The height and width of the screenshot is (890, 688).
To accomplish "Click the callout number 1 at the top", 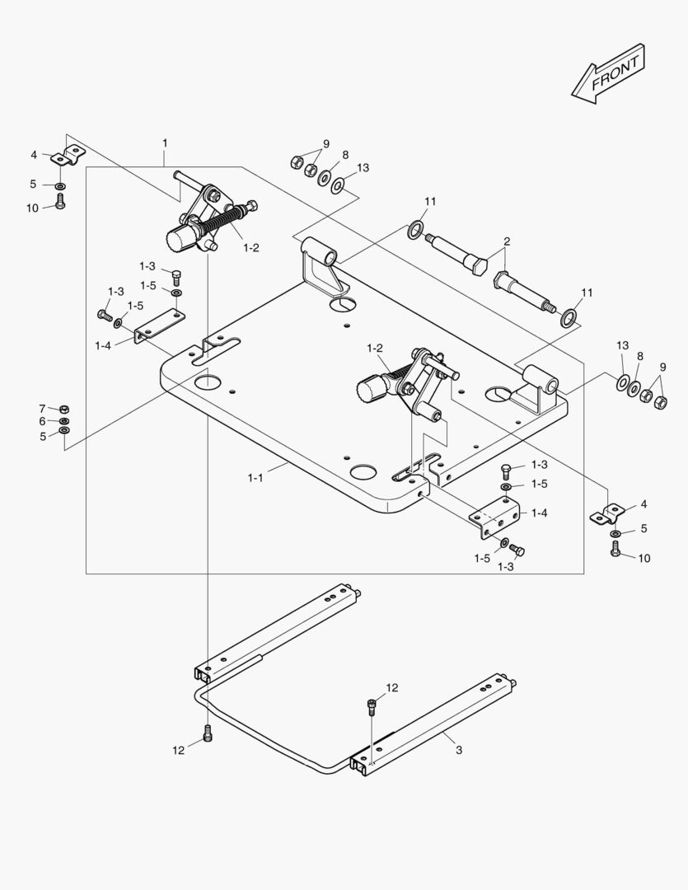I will tap(165, 143).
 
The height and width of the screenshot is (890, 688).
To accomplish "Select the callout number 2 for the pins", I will tap(507, 241).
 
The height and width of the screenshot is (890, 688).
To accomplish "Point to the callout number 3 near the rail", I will tap(458, 750).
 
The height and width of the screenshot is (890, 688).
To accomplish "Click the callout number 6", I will tap(42, 421).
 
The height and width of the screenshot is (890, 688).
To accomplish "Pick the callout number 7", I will tap(42, 408).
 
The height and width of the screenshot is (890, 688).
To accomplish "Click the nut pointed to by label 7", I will tap(64, 409).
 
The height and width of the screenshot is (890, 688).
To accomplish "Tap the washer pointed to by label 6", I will tap(64, 421).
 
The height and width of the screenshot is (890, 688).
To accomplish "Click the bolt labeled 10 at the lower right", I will tap(616, 551).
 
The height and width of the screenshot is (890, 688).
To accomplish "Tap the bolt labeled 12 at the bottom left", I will tap(207, 733).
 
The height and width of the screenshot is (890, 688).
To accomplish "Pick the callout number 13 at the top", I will tap(363, 167).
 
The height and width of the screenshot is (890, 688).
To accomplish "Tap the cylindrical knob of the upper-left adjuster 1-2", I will tap(180, 241).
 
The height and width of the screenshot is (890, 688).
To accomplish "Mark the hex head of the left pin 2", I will tap(476, 265).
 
